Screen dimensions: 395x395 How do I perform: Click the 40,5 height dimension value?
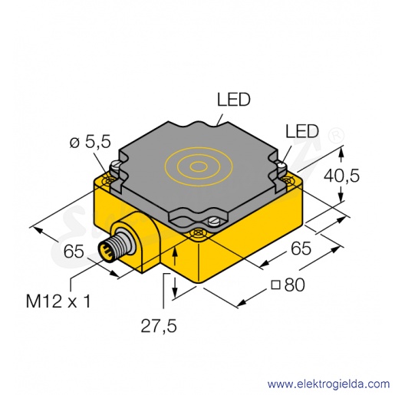coord(341,176)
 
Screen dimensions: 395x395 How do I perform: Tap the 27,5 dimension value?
coord(159,326)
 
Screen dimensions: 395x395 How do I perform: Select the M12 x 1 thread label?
coord(58,301)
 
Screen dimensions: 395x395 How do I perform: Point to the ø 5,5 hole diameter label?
coord(91,141)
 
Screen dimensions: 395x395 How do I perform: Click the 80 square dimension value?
coord(295,285)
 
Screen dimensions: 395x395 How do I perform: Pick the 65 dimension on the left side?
coord(74,251)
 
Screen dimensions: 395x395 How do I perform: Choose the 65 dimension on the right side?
coord(301,248)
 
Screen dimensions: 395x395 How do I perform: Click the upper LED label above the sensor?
coord(234,100)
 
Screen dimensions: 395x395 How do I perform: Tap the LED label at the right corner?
coord(302,131)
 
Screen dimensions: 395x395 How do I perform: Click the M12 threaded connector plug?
coord(110,247)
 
